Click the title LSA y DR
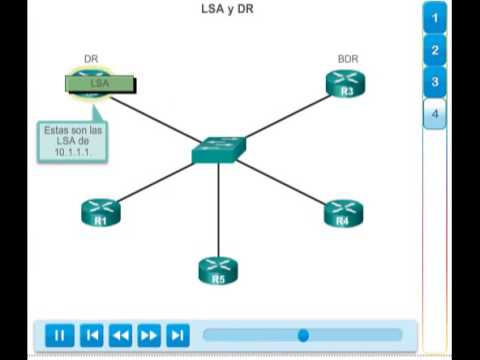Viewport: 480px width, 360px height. (226, 9)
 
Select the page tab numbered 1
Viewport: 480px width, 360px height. (435, 18)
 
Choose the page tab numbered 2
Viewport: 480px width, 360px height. (435, 50)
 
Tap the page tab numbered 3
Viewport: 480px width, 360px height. (435, 82)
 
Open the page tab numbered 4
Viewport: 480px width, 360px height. (435, 114)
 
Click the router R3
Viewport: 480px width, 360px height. (346, 86)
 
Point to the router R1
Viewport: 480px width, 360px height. (100, 212)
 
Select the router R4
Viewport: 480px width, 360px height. (343, 212)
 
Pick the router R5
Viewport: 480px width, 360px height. (218, 270)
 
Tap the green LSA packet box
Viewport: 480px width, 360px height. (100, 84)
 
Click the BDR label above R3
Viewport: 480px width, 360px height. (347, 60)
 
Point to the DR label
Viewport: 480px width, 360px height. (91, 60)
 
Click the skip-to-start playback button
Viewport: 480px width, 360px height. (91, 335)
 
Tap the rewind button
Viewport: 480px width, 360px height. (120, 335)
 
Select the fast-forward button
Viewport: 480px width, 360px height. (148, 335)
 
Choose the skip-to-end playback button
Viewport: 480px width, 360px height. (177, 335)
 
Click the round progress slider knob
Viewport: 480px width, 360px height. (303, 335)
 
